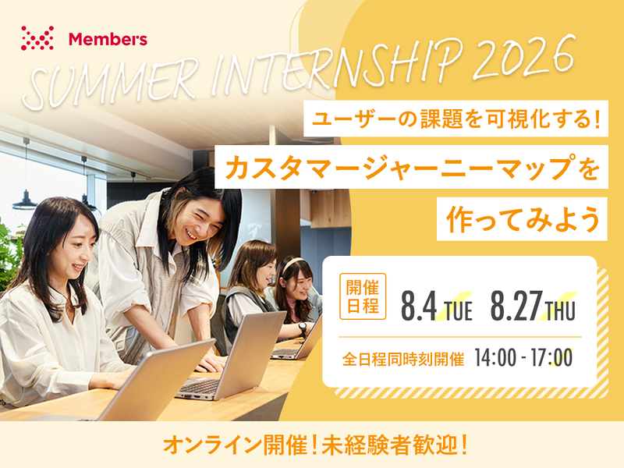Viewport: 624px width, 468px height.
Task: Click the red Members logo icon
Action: [37, 37]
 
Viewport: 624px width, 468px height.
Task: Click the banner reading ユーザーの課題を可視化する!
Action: [456, 121]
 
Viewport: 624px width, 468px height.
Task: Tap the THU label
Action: [561, 311]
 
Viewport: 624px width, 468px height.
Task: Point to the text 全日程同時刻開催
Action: [403, 360]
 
